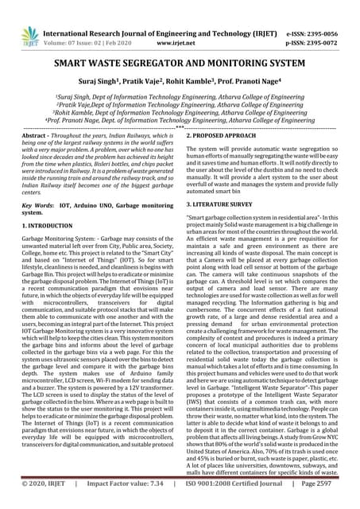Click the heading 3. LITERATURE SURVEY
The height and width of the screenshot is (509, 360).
tap(223, 204)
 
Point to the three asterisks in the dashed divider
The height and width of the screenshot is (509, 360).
tap(180, 126)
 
